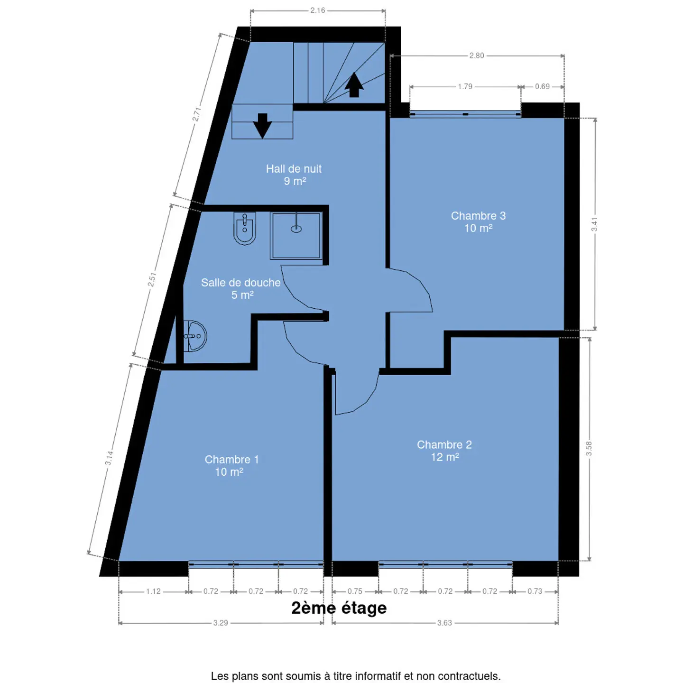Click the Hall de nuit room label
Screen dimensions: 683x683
click(x=294, y=175)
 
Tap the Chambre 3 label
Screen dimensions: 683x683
click(x=478, y=222)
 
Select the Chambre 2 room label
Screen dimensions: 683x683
click(x=444, y=451)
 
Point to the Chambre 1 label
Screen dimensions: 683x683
click(x=231, y=466)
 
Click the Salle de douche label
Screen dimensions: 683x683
click(x=240, y=288)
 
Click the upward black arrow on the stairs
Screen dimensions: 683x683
click(x=354, y=85)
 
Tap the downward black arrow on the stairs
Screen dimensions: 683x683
click(x=262, y=126)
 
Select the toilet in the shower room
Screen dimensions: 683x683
click(x=245, y=229)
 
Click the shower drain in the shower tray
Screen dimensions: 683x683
click(x=296, y=229)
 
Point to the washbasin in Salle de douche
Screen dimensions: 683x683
click(x=195, y=336)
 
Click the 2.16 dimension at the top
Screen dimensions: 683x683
click(x=317, y=10)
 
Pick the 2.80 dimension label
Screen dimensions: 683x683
click(x=476, y=55)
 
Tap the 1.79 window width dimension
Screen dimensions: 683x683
click(x=465, y=86)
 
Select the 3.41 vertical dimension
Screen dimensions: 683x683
click(x=594, y=224)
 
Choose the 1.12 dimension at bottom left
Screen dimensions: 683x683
click(x=153, y=591)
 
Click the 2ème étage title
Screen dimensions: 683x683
click(x=339, y=608)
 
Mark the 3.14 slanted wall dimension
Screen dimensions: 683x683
click(x=109, y=458)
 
